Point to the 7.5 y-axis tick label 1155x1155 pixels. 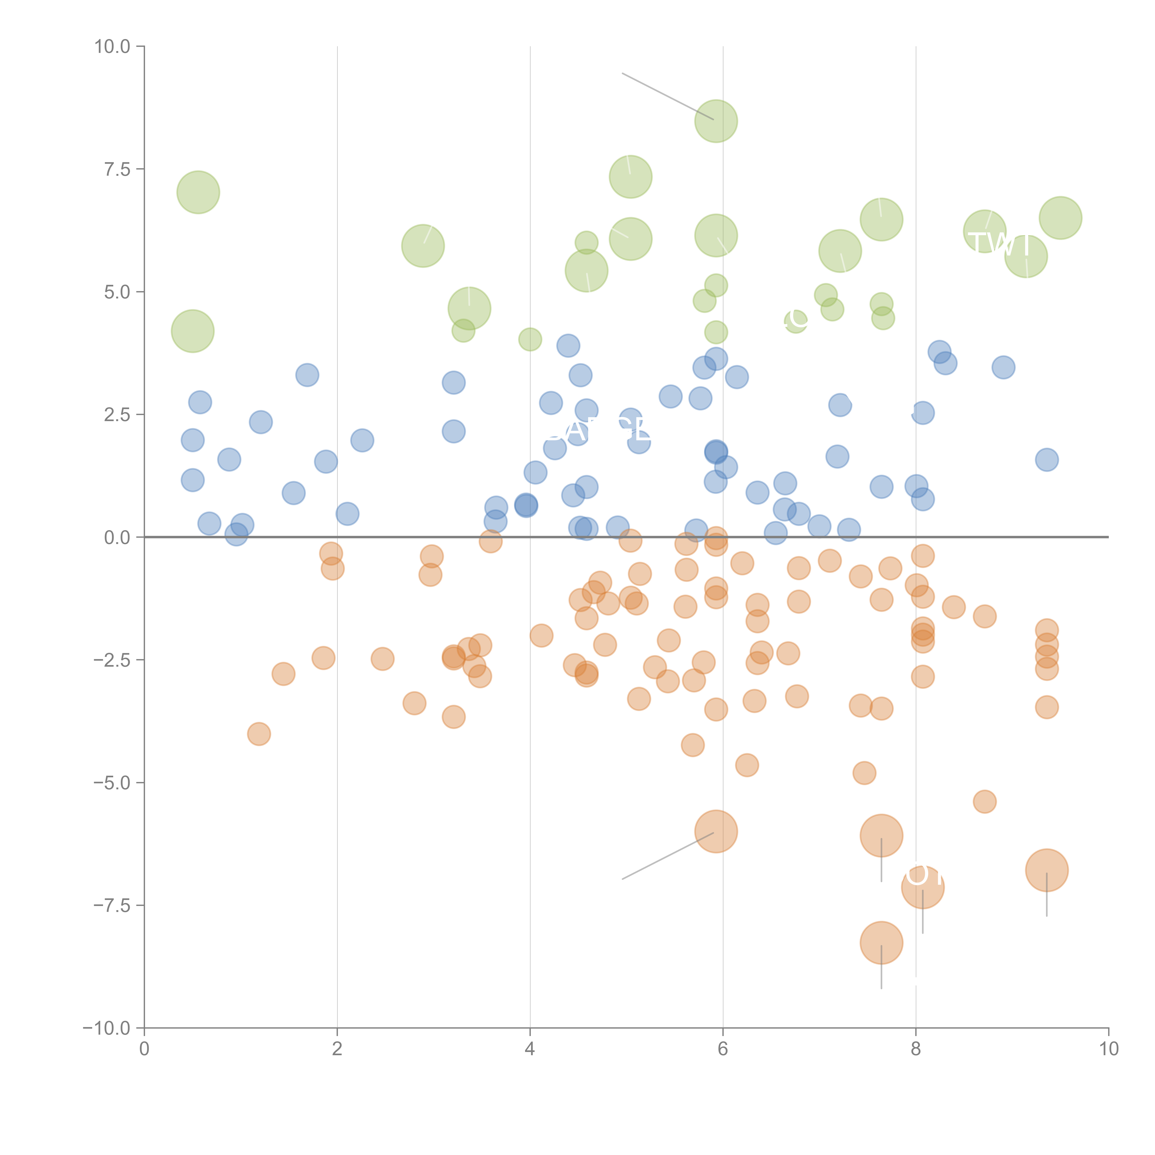pyautogui.click(x=117, y=169)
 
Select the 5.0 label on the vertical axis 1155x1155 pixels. pyautogui.click(x=117, y=292)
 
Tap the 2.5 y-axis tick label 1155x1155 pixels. pyautogui.click(x=117, y=414)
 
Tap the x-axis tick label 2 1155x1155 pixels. pyautogui.click(x=337, y=1049)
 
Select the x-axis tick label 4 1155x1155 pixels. pyautogui.click(x=530, y=1049)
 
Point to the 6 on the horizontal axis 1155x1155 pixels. pyautogui.click(x=723, y=1049)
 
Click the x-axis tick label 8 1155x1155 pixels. pyautogui.click(x=916, y=1049)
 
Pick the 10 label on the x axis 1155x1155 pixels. pyautogui.click(x=1108, y=1049)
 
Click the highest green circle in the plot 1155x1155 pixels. pyautogui.click(x=716, y=121)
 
